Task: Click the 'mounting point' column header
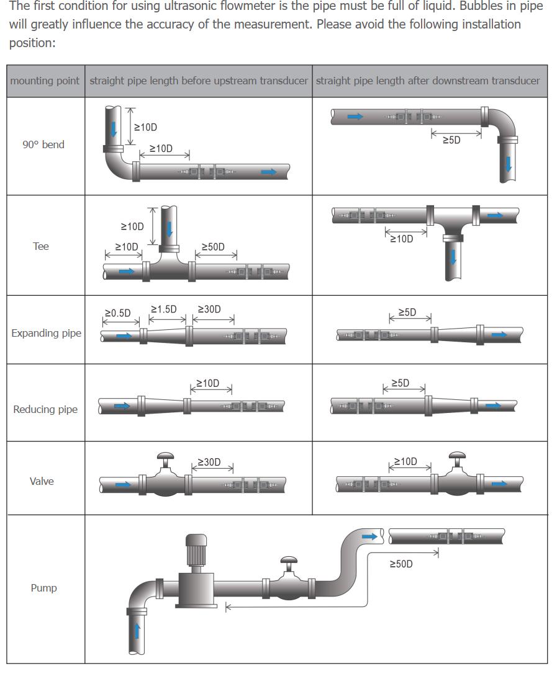[x=45, y=81]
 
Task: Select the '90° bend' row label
[x=43, y=144]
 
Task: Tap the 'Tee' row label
[x=41, y=246]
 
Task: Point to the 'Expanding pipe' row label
[x=46, y=333]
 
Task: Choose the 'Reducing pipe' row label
[x=45, y=409]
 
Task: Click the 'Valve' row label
[x=42, y=481]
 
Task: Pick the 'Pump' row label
[x=43, y=588]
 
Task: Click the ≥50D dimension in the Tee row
[x=213, y=247]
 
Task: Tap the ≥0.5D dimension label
[x=117, y=313]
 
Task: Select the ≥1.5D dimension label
[x=163, y=309]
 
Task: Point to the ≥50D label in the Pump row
[x=401, y=564]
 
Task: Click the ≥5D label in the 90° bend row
[x=451, y=141]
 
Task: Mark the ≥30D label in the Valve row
[x=209, y=463]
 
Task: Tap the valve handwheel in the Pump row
[x=289, y=561]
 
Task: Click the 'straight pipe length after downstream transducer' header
[x=428, y=81]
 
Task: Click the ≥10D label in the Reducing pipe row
[x=207, y=383]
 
